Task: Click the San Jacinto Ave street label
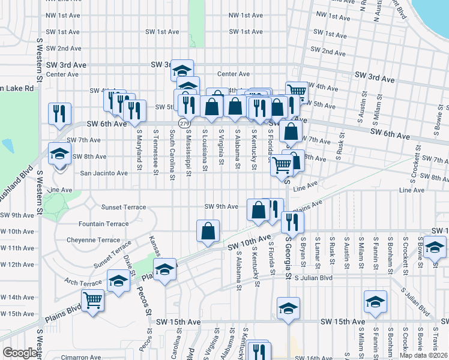(104, 173)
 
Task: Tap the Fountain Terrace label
(103, 224)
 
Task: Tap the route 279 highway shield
(181, 122)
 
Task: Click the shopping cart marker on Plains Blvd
(92, 299)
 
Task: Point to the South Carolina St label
(172, 152)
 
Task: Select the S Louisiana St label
(205, 150)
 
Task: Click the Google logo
(19, 353)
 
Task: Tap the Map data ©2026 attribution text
(424, 355)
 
